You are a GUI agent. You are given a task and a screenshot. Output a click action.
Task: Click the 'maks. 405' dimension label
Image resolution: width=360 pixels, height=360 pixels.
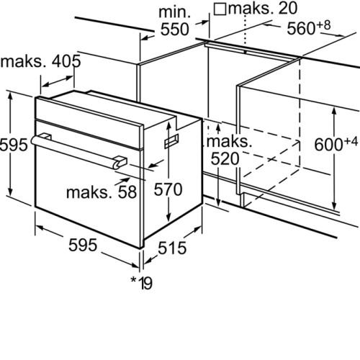40,61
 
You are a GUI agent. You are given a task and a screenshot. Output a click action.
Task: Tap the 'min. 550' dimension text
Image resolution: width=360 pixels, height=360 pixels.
175,21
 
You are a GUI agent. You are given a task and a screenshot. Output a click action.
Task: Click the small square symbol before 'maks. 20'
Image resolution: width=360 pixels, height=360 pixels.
220,9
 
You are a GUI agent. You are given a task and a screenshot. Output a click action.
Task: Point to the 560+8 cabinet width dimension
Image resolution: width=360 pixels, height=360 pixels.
309,27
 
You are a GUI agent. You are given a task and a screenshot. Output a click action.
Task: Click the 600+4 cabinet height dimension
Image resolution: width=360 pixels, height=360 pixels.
336,144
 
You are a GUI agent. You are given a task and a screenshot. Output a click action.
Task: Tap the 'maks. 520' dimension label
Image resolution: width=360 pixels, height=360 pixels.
228,150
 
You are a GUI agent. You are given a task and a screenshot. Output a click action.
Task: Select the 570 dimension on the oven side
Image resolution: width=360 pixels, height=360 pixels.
168,189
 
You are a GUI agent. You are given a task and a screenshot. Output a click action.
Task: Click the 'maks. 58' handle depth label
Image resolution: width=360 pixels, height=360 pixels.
102,192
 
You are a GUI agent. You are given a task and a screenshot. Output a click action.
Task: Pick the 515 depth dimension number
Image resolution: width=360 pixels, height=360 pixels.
172,248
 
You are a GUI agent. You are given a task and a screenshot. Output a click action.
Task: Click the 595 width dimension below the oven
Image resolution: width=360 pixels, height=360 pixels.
83,245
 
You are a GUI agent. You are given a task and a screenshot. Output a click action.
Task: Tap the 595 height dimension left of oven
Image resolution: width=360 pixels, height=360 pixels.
14,145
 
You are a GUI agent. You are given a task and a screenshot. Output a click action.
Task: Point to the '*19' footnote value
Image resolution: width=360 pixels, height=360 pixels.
141,283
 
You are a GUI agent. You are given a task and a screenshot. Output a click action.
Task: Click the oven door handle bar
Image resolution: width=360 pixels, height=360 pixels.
76,150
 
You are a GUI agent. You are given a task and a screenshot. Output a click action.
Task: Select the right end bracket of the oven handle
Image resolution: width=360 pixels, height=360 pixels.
120,162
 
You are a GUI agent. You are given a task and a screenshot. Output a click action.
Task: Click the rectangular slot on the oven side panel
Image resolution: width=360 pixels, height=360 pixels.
171,141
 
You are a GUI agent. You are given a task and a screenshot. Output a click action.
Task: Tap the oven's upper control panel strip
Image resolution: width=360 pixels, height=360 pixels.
89,122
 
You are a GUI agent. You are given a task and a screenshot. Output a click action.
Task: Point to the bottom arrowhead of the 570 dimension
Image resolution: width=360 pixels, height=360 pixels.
169,217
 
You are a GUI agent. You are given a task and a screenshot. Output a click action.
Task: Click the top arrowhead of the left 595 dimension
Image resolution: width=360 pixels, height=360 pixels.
10,96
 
